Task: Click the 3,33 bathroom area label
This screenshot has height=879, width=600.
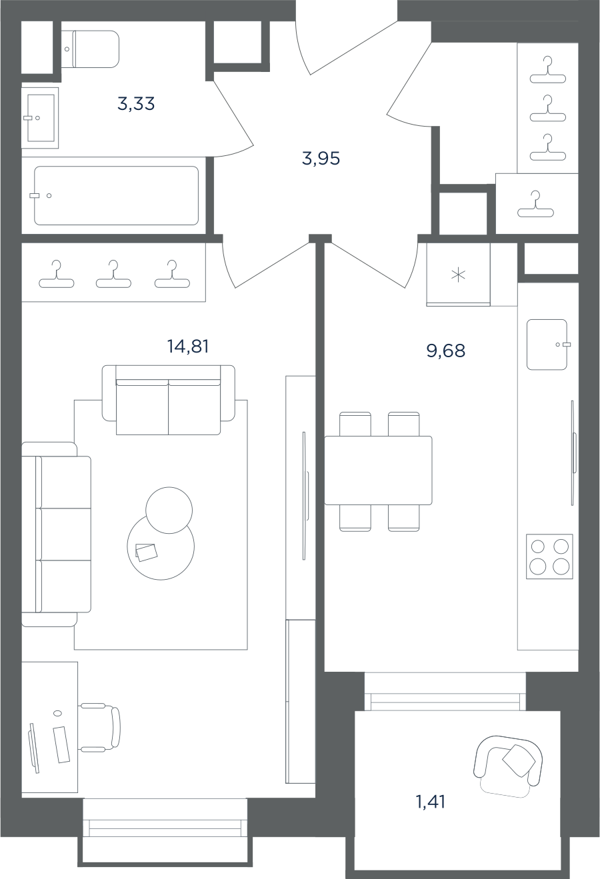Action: tap(136, 104)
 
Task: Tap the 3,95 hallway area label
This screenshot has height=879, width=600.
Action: tap(321, 159)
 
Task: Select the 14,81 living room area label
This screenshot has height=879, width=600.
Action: tap(188, 346)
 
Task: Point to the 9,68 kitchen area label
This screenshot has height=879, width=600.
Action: tap(446, 351)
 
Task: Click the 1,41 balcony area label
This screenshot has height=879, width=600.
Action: tap(431, 802)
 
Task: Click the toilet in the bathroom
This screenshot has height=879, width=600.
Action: tap(91, 49)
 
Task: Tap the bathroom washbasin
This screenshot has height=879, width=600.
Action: tap(40, 118)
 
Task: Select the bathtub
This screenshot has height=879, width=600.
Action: tap(116, 195)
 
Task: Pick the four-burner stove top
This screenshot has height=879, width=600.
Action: tap(549, 556)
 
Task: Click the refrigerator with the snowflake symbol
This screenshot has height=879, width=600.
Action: tap(458, 275)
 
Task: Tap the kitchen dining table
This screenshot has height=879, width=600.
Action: tap(378, 470)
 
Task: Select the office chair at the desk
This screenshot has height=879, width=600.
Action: tap(100, 727)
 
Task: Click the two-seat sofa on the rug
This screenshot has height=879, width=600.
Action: tap(169, 400)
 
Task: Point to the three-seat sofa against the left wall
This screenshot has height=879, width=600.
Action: tap(56, 534)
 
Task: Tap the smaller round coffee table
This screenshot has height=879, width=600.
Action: tap(169, 510)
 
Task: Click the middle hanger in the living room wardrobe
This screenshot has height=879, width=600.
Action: tap(113, 274)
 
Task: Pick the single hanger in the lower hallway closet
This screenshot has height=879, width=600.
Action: tap(535, 204)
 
